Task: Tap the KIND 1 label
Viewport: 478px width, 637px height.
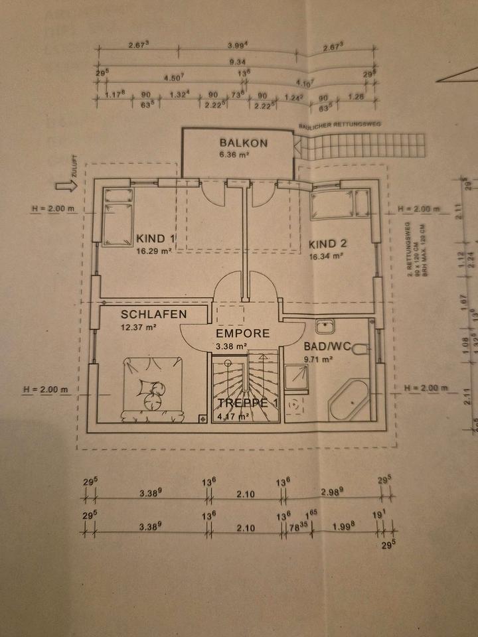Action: click(x=156, y=239)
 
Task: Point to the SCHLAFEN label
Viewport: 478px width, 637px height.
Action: click(x=153, y=315)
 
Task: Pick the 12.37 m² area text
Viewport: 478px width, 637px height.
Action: click(x=138, y=327)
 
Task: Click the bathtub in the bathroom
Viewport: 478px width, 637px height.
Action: click(x=350, y=400)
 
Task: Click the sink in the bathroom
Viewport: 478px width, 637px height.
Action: click(x=325, y=326)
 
